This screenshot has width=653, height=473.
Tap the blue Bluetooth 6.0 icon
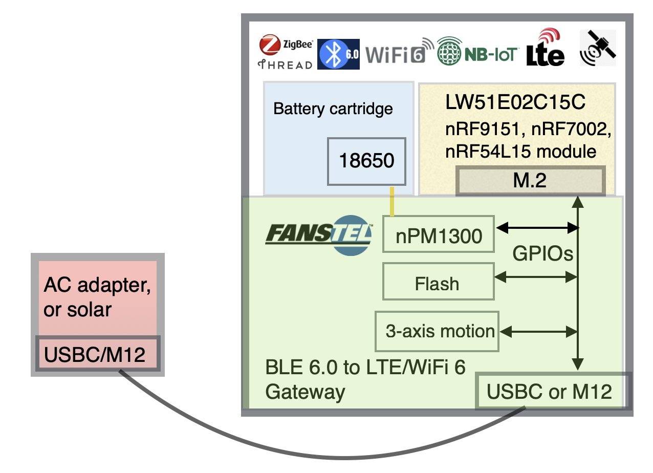pos(339,54)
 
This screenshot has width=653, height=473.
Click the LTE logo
pos(546,48)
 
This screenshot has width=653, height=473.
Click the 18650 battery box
pos(366,161)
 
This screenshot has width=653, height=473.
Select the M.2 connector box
pos(530,181)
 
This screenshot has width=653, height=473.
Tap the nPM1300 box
pos(439,235)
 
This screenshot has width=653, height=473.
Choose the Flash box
pos(438,283)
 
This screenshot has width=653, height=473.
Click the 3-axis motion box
pos(437,331)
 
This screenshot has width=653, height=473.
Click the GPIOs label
pos(543,253)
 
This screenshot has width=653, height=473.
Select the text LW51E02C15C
pos(515,103)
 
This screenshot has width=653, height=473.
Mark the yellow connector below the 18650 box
pos(392,202)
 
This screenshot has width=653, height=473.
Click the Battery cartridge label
pos(333,109)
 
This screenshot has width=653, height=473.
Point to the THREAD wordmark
pos(285,64)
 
